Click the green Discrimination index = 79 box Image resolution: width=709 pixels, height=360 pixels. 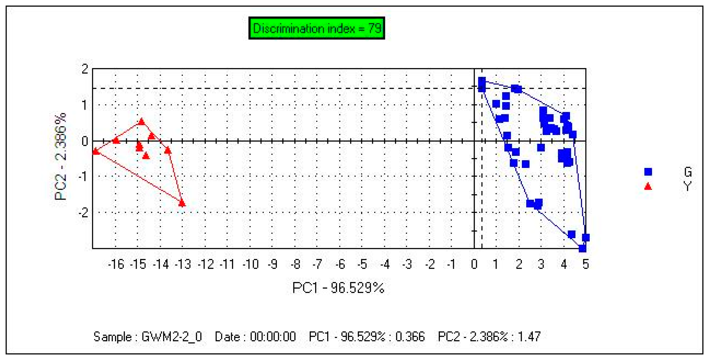(316, 28)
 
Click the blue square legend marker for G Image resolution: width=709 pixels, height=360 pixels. (648, 172)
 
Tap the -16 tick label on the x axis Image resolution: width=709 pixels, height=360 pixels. (116, 265)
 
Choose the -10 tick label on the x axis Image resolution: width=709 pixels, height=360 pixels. (250, 265)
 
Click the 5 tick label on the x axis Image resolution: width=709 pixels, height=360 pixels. (585, 265)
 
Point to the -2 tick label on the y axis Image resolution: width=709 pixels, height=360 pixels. (83, 212)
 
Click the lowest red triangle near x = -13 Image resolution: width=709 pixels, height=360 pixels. (182, 203)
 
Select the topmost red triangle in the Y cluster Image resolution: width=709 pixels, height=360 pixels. (141, 122)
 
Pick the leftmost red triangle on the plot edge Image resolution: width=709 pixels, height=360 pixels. (95, 151)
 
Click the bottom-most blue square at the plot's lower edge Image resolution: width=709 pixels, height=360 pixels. (582, 248)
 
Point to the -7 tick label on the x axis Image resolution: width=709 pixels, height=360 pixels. (317, 265)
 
